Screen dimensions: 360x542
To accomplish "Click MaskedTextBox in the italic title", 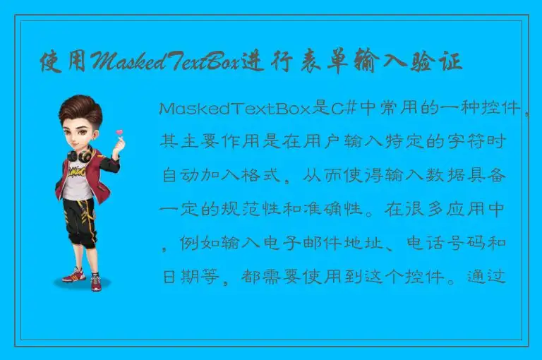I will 163,62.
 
